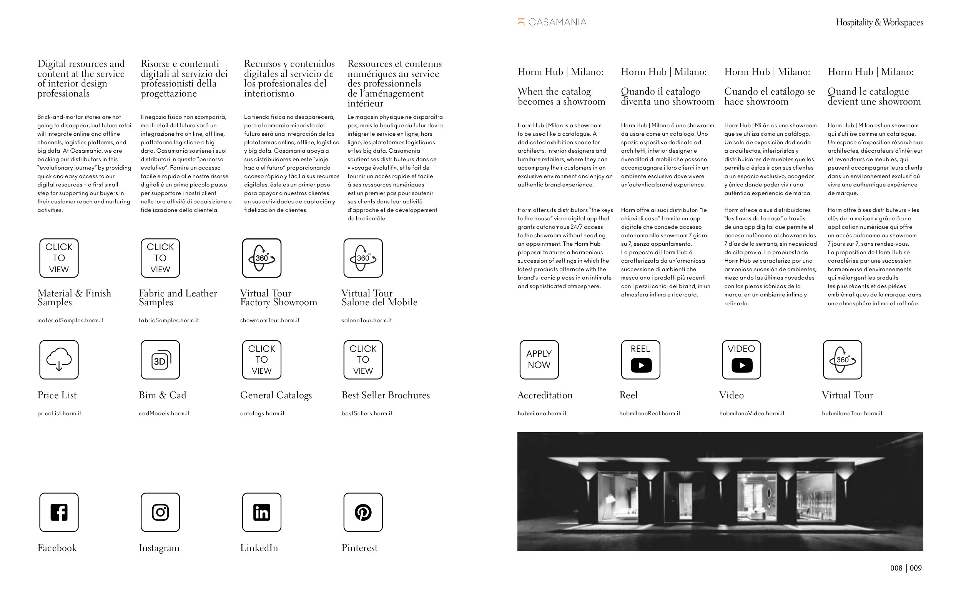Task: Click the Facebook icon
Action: coord(59,512)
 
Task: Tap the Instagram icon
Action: coord(160,512)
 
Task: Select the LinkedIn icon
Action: coord(261,512)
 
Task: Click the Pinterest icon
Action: coord(363,512)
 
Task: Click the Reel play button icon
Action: coord(641,365)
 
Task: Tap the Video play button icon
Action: coord(742,365)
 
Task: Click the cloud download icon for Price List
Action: coord(59,360)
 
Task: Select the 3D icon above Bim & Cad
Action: coord(160,360)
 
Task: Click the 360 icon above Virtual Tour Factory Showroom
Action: coord(261,258)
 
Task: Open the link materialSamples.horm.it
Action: coord(70,320)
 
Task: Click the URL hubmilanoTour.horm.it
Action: coord(851,413)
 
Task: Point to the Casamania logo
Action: coord(552,22)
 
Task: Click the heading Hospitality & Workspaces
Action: coord(879,22)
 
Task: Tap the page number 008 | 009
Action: coord(906,568)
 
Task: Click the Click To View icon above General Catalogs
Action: coord(261,360)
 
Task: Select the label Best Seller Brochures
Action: coord(386,395)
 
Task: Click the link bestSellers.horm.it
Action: coord(367,413)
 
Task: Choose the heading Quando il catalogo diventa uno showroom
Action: coord(667,97)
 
